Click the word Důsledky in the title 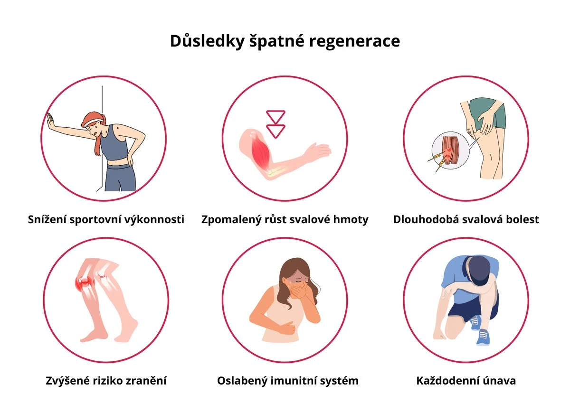point(207,41)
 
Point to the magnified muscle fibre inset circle point(450,150)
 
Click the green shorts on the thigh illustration point(487,113)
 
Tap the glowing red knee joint point(85,283)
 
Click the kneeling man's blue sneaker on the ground point(483,337)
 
